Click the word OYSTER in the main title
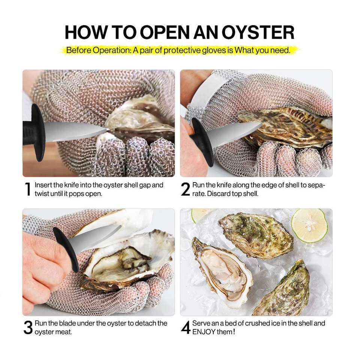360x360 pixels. [258, 32]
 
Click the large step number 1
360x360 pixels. [28, 189]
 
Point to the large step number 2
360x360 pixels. [185, 189]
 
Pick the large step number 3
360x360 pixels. [28, 328]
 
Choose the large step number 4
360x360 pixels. [186, 328]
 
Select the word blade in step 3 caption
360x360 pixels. [67, 323]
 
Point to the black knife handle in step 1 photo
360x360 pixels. [34, 132]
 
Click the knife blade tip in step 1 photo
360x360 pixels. [108, 130]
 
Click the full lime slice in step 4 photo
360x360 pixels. [309, 225]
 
